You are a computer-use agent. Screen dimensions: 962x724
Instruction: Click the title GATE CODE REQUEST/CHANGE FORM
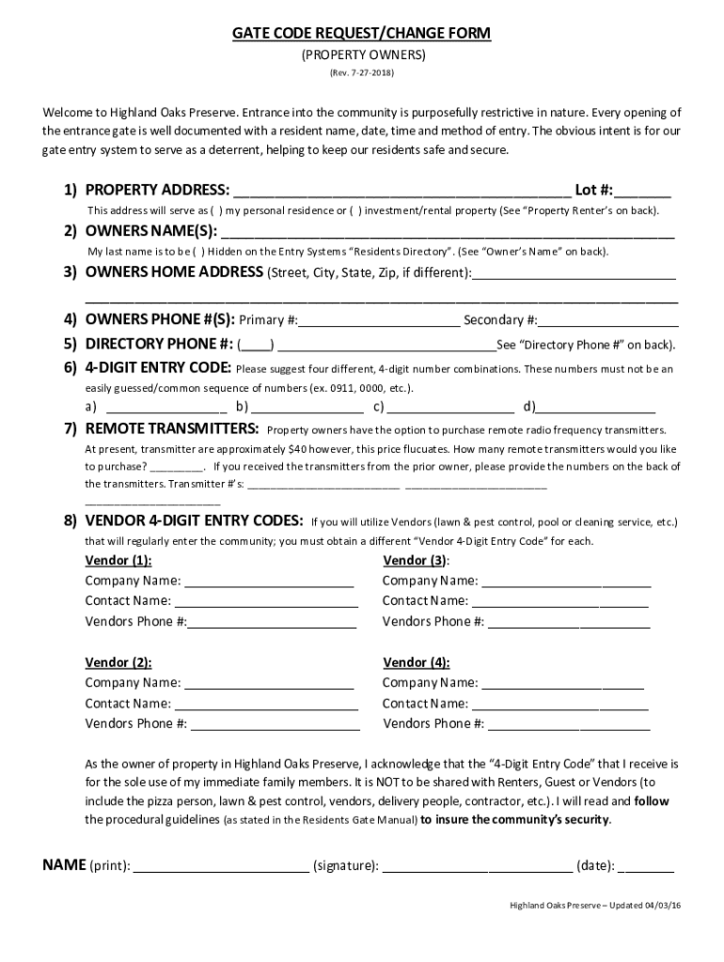pyautogui.click(x=362, y=35)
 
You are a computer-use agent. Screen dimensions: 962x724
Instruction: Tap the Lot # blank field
pyautogui.click(x=644, y=190)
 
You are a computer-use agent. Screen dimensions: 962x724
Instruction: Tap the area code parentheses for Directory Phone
pyautogui.click(x=256, y=344)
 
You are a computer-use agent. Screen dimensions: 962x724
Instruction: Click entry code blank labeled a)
pyautogui.click(x=166, y=408)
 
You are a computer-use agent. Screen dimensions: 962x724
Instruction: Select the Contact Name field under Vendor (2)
pyautogui.click(x=266, y=704)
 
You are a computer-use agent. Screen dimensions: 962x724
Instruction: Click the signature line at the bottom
pyautogui.click(x=477, y=866)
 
